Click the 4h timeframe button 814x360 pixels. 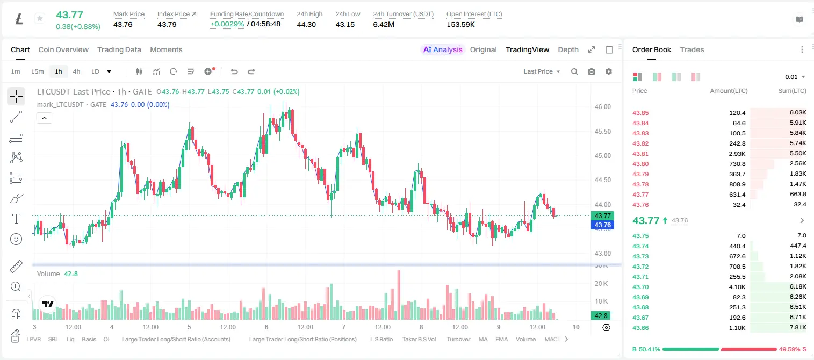point(76,71)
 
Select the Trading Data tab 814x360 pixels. point(119,50)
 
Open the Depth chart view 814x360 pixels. point(568,50)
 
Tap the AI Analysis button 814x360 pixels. point(443,50)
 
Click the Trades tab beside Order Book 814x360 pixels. point(692,50)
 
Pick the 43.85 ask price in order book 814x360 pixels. point(640,113)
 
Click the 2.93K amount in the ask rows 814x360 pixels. point(737,154)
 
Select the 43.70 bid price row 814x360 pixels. point(640,287)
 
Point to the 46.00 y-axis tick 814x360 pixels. point(602,107)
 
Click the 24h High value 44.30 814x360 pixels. point(306,24)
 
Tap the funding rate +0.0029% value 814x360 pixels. point(227,24)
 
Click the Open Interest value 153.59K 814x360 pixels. point(460,24)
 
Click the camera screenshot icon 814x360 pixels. point(592,71)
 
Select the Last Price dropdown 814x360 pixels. point(542,71)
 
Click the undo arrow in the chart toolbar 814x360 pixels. point(234,71)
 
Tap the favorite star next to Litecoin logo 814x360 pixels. point(40,18)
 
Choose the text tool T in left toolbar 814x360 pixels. point(16,219)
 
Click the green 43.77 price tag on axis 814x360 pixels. point(602,216)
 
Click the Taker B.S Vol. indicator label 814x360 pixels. point(419,339)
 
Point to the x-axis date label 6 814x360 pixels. point(266,327)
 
